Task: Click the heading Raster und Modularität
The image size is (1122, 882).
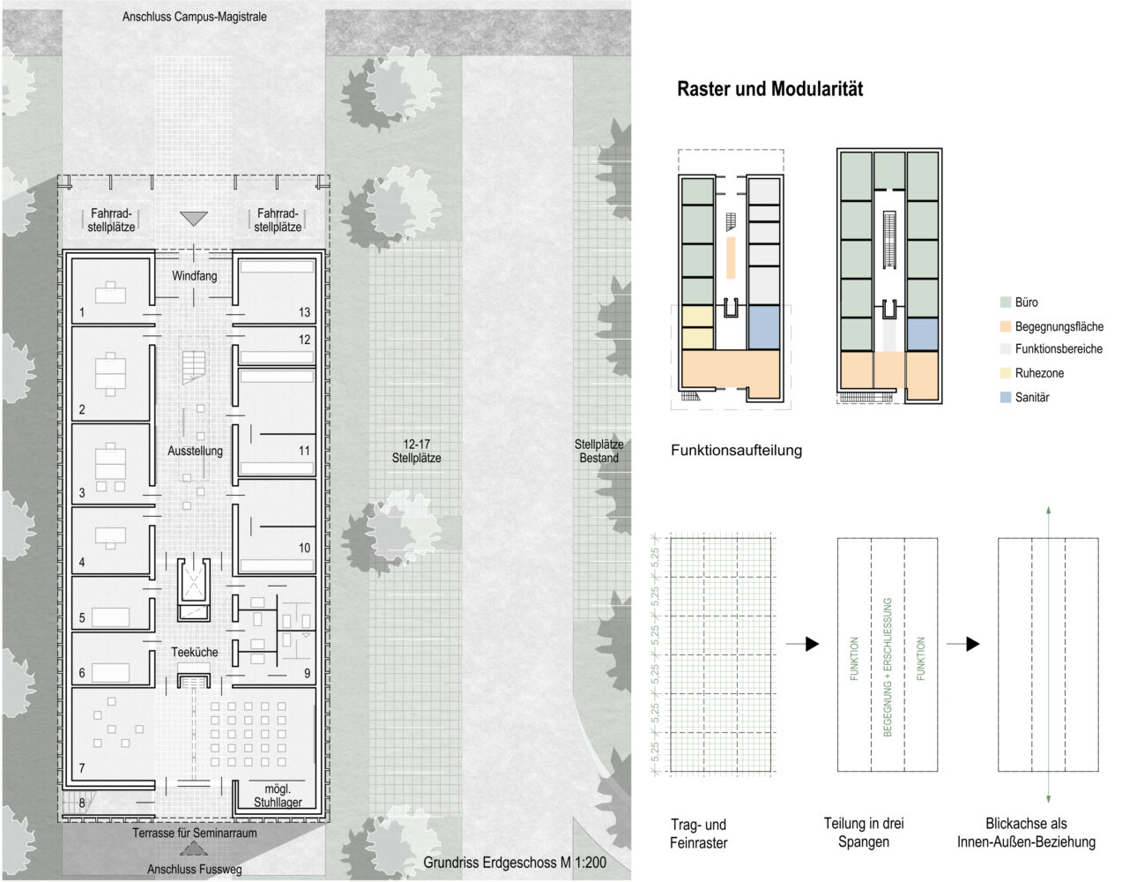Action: tap(769, 89)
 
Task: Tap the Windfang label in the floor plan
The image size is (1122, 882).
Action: tap(194, 276)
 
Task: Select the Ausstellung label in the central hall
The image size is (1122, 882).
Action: tap(195, 451)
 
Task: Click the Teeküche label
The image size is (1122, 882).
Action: tap(195, 652)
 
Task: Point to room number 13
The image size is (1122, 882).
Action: tap(304, 312)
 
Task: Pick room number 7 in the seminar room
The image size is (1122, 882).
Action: tap(82, 768)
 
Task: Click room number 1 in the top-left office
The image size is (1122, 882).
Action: tap(82, 312)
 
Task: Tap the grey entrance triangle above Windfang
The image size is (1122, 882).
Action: tap(194, 218)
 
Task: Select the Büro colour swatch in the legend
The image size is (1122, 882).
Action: tap(1005, 303)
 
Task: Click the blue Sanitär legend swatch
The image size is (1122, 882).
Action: tap(1005, 397)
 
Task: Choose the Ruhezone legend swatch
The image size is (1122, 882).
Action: tap(1005, 373)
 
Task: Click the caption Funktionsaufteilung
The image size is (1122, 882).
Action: tap(736, 451)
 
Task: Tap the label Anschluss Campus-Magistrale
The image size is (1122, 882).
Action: tap(194, 17)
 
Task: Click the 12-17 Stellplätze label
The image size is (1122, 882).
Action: tap(416, 451)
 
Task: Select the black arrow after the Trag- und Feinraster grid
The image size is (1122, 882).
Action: tap(803, 644)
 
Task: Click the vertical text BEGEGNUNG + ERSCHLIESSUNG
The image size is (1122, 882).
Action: tap(888, 667)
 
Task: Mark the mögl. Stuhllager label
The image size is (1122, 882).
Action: tap(278, 796)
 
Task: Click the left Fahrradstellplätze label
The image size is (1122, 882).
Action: tap(111, 220)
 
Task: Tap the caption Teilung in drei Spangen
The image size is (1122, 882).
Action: tap(864, 833)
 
